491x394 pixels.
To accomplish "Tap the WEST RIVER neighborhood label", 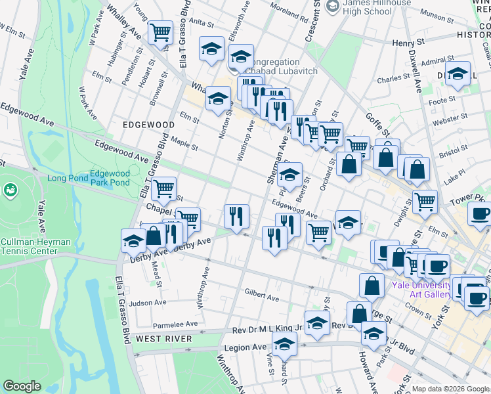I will [164, 339].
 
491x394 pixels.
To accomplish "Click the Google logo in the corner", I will [22, 386].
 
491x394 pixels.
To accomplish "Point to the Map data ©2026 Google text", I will [450, 389].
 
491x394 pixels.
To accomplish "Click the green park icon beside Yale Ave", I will [10, 190].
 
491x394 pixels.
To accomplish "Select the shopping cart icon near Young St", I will [160, 32].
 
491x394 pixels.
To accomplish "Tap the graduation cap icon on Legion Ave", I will [284, 343].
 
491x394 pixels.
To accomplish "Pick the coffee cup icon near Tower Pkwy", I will [480, 213].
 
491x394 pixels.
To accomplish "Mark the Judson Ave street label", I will [148, 303].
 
